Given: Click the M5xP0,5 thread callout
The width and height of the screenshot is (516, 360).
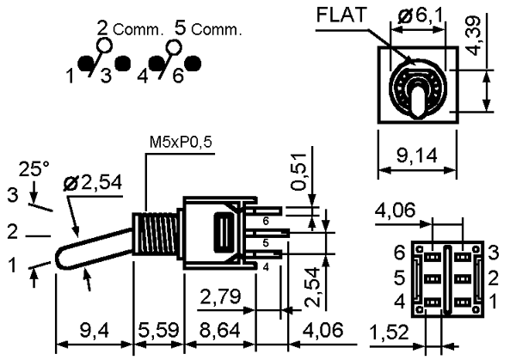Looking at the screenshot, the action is tap(181, 142).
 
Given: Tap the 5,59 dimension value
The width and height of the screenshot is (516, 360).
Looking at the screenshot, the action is tap(158, 330).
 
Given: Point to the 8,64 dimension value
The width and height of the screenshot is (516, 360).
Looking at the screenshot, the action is tap(220, 330).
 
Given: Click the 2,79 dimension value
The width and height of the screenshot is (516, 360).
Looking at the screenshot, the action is tap(220, 296).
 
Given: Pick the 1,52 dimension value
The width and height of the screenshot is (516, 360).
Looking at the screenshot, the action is tap(389, 332).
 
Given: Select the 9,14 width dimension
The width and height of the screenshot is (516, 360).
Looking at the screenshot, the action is tap(417, 156).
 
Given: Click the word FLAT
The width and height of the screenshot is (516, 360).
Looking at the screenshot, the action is tap(341, 15).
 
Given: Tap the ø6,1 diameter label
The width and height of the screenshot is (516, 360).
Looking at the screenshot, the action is tap(421, 15).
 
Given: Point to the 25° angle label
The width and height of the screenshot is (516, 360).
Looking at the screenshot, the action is tap(34, 169).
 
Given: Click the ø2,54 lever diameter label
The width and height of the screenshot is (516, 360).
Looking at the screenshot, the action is tap(93, 183).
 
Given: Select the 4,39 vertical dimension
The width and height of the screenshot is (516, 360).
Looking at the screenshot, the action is tap(473, 36).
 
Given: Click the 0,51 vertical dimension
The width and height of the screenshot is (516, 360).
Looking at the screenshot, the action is tap(298, 172).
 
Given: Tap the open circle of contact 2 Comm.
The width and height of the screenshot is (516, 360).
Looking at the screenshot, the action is tap(104, 46).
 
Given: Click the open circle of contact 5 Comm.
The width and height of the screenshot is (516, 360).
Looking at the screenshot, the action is tap(174, 46).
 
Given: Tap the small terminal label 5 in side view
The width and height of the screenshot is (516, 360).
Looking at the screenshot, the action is tap(266, 243).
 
